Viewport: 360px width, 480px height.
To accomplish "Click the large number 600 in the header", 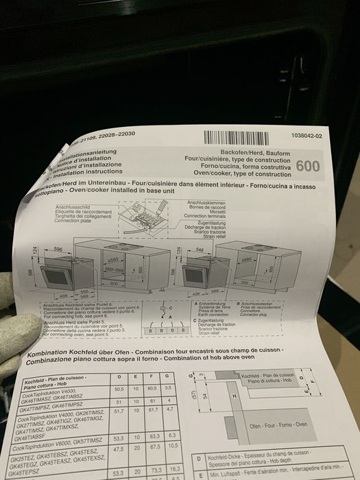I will (x=308, y=167).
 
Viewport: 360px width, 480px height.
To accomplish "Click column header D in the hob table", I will (x=120, y=378).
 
